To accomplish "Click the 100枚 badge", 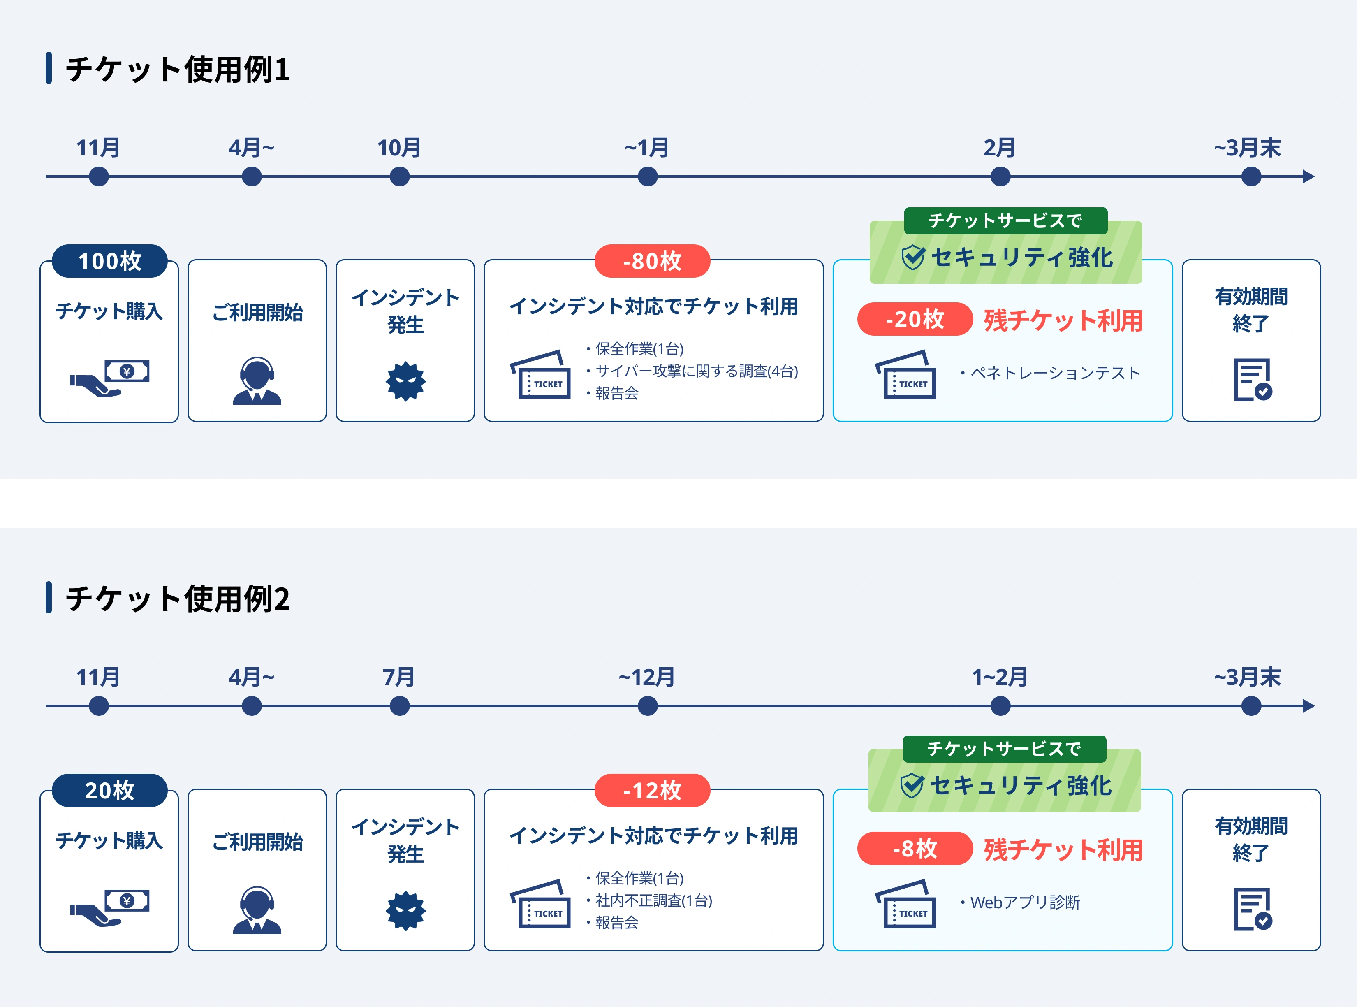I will click(110, 261).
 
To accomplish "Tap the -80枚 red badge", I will click(652, 261).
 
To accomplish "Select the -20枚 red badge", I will click(915, 319).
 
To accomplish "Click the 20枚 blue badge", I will click(110, 790).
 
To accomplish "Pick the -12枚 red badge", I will click(652, 790).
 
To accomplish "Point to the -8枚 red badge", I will click(915, 848).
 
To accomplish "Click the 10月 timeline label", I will click(399, 148).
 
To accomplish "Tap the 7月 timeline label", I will click(399, 677).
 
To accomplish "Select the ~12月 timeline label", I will click(647, 677).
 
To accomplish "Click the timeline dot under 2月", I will click(1000, 177).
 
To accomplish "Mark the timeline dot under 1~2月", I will click(1000, 706).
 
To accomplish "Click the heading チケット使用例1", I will click(177, 69).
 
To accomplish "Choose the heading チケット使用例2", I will click(177, 598).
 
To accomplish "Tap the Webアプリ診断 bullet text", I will click(1025, 902).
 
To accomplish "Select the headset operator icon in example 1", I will click(257, 381).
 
